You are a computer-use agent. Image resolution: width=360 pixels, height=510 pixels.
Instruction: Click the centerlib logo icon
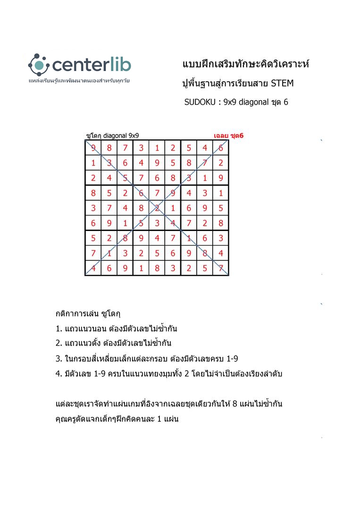click(38, 64)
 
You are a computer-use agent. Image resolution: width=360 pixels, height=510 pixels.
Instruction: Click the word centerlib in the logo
click(92, 65)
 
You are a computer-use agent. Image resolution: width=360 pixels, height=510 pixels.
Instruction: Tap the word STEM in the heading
click(282, 84)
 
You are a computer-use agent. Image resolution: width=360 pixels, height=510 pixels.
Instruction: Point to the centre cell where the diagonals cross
click(157, 208)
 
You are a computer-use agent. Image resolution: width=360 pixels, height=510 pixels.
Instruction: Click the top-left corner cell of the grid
click(93, 148)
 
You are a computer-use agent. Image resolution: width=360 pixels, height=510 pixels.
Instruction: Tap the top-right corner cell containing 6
click(221, 148)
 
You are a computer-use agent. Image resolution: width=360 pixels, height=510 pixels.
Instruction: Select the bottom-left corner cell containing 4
click(93, 268)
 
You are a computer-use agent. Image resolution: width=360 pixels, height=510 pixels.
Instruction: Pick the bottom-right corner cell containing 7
click(221, 268)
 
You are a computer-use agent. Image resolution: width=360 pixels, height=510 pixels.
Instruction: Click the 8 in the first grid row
click(109, 148)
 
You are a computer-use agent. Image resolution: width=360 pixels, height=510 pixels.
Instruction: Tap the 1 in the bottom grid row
click(141, 268)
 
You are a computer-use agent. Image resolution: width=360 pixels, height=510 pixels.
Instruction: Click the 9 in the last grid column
click(221, 178)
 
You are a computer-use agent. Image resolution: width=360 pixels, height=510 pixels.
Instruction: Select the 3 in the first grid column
click(93, 208)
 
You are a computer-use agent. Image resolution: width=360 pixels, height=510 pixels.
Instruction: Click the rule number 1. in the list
click(59, 329)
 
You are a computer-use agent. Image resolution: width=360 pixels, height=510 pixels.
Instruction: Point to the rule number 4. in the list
click(59, 374)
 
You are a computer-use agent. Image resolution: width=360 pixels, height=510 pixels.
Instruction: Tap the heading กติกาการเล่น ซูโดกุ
click(88, 314)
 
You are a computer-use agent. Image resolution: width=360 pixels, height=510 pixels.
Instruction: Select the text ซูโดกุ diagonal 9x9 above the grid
click(112, 136)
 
